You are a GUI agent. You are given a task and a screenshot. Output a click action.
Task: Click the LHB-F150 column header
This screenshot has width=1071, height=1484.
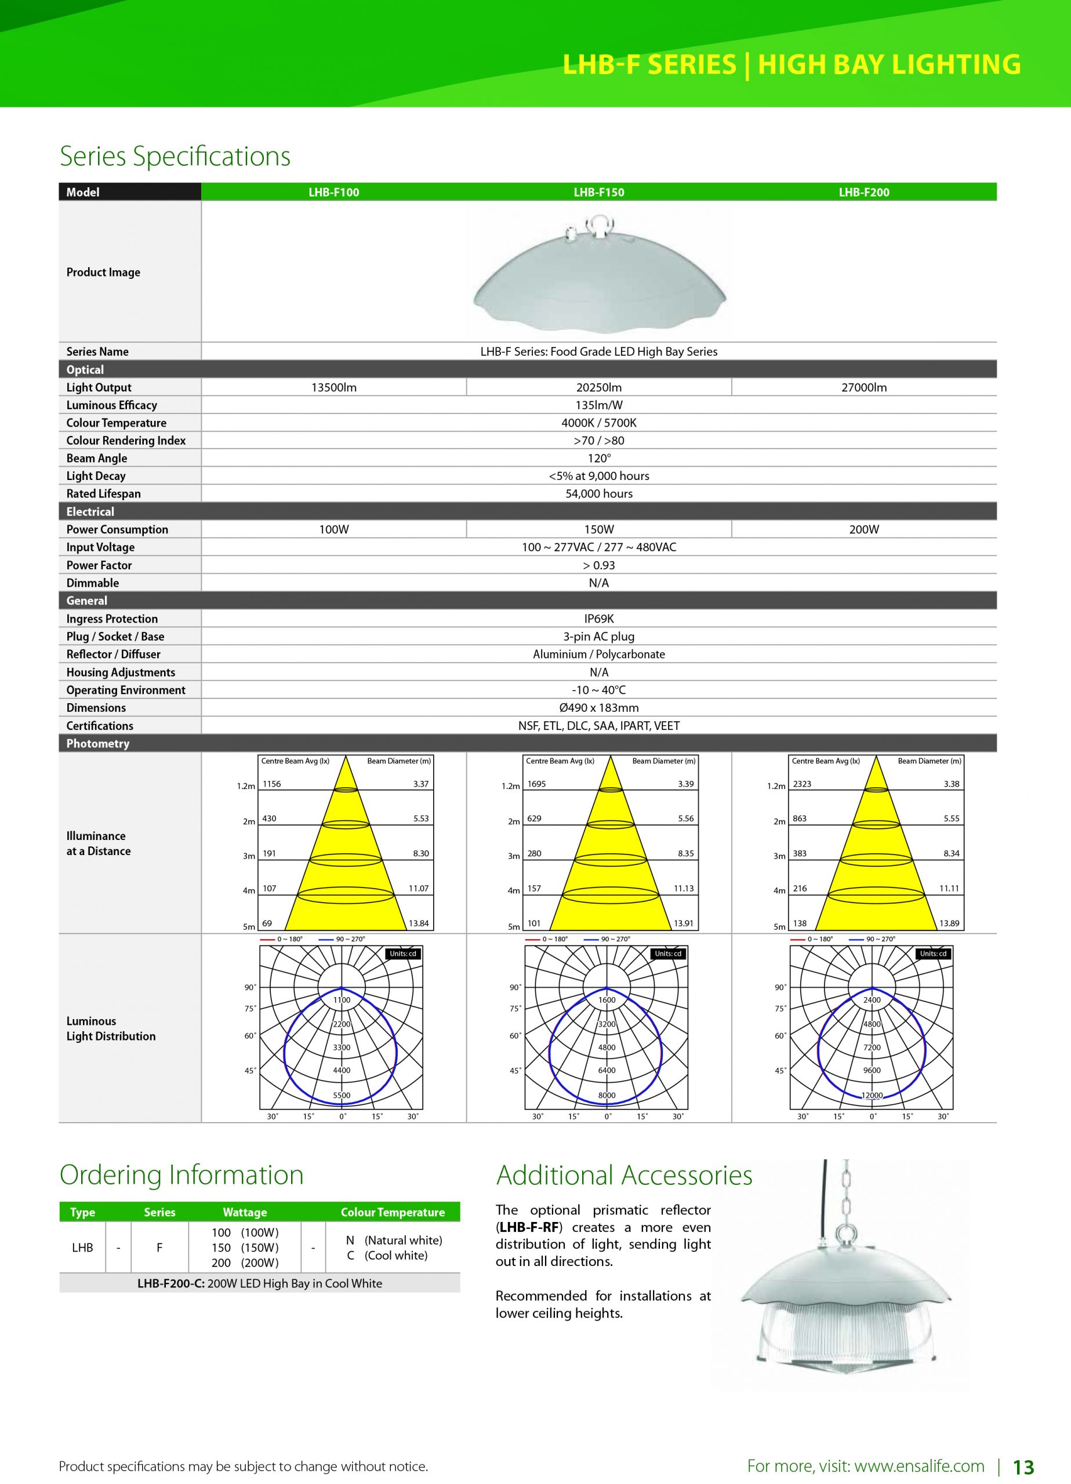point(598,192)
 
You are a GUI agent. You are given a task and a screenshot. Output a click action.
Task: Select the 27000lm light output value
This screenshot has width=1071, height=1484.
point(863,387)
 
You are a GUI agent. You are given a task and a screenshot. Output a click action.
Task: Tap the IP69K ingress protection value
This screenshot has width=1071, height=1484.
point(598,619)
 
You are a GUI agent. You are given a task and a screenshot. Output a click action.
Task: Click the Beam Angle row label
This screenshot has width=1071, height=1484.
point(97,458)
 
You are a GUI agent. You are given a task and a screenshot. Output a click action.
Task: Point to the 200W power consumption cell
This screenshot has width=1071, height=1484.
point(863,529)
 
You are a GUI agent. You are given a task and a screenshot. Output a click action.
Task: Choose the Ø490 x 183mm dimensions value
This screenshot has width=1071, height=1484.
point(598,707)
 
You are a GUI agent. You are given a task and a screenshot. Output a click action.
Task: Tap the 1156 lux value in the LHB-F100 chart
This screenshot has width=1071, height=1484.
point(272,784)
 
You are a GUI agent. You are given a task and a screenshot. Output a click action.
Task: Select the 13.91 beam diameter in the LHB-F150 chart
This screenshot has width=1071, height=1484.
point(684,923)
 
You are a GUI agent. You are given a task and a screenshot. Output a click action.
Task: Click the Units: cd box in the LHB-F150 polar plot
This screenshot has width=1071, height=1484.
point(669,954)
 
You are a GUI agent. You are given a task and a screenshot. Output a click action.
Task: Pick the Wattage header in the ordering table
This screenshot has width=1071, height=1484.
point(245,1213)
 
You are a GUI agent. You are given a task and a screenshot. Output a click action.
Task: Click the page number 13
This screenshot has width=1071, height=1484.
point(1023,1467)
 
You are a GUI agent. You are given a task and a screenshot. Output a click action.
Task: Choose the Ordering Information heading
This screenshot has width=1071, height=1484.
point(181,1174)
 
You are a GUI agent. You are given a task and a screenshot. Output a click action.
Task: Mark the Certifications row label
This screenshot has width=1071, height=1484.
point(100,726)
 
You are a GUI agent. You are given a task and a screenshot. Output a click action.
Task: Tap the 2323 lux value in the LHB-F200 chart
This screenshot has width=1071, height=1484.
point(802,784)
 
